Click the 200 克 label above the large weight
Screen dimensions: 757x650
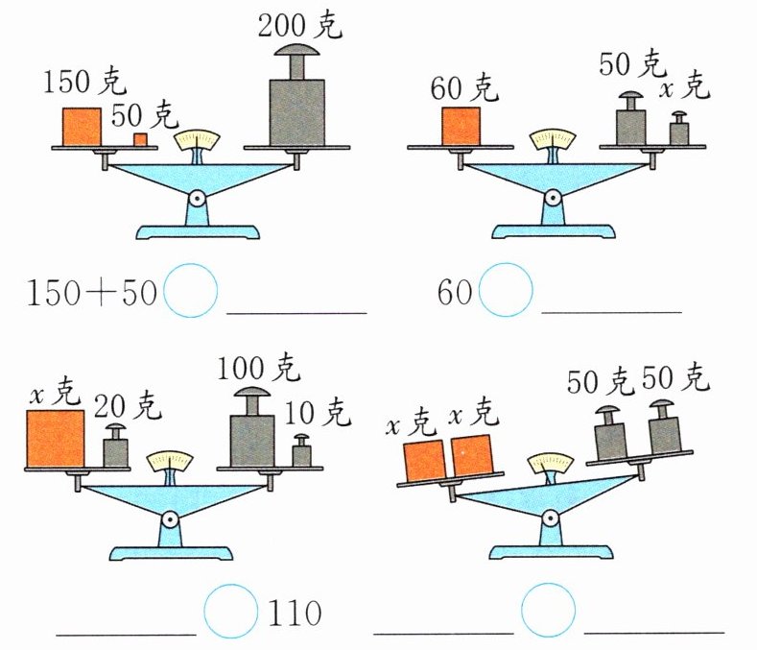(299, 25)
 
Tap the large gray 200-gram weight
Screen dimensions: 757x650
(296, 106)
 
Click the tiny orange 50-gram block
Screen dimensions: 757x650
(140, 140)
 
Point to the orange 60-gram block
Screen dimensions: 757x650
(461, 126)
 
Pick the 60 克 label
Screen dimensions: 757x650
(464, 89)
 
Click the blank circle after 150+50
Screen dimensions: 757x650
(191, 291)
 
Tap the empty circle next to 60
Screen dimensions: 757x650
(505, 291)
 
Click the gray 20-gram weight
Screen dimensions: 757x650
(115, 447)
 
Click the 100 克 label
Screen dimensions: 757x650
(258, 368)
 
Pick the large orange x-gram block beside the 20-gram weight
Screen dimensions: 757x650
(55, 439)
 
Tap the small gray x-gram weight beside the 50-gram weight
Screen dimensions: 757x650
(678, 130)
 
